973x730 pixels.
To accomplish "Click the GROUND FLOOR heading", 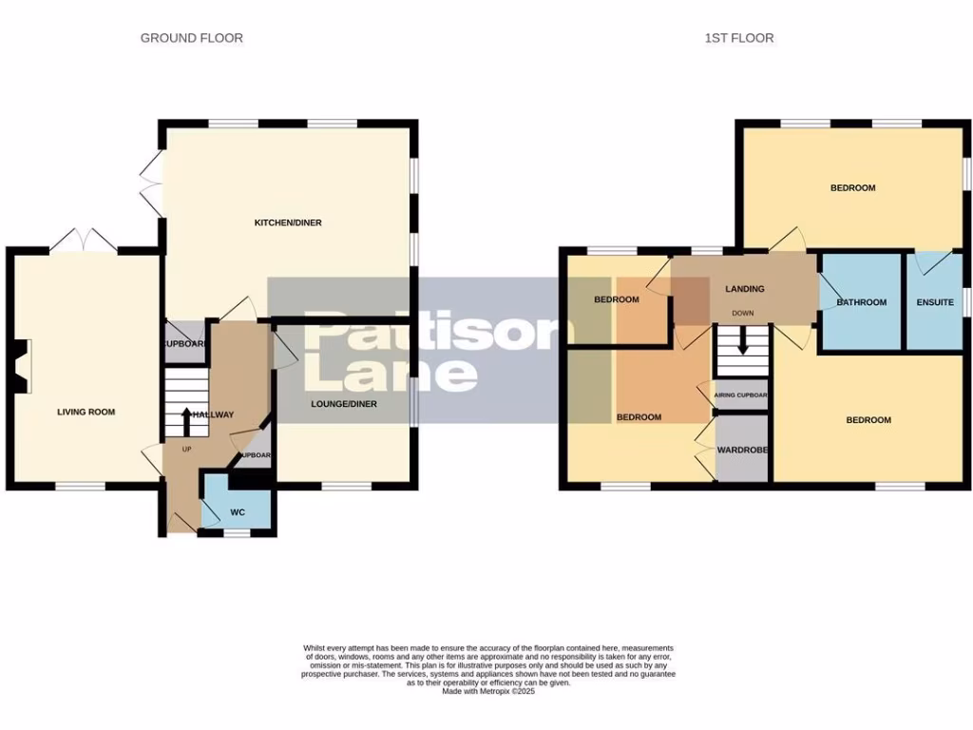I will (x=191, y=38).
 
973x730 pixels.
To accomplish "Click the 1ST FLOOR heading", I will (x=738, y=38).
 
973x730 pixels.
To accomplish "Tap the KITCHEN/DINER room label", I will (x=287, y=222).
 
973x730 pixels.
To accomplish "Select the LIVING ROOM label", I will (x=86, y=412).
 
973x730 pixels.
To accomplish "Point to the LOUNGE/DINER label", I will (x=343, y=404).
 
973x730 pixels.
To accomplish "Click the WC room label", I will (x=238, y=512).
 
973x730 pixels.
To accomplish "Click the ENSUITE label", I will (x=935, y=302).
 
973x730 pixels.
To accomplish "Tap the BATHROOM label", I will (x=861, y=302).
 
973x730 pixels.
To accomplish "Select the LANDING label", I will (x=744, y=289).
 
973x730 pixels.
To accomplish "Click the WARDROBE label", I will (x=742, y=449).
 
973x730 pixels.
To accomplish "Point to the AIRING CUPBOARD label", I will (x=740, y=394).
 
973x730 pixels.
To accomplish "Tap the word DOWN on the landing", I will (x=742, y=313).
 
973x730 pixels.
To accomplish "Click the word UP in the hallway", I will (x=186, y=449).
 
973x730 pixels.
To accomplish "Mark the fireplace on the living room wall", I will (x=22, y=366).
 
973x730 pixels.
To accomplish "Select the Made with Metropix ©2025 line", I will (x=488, y=691).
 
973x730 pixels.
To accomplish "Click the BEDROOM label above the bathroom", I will (x=852, y=187).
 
